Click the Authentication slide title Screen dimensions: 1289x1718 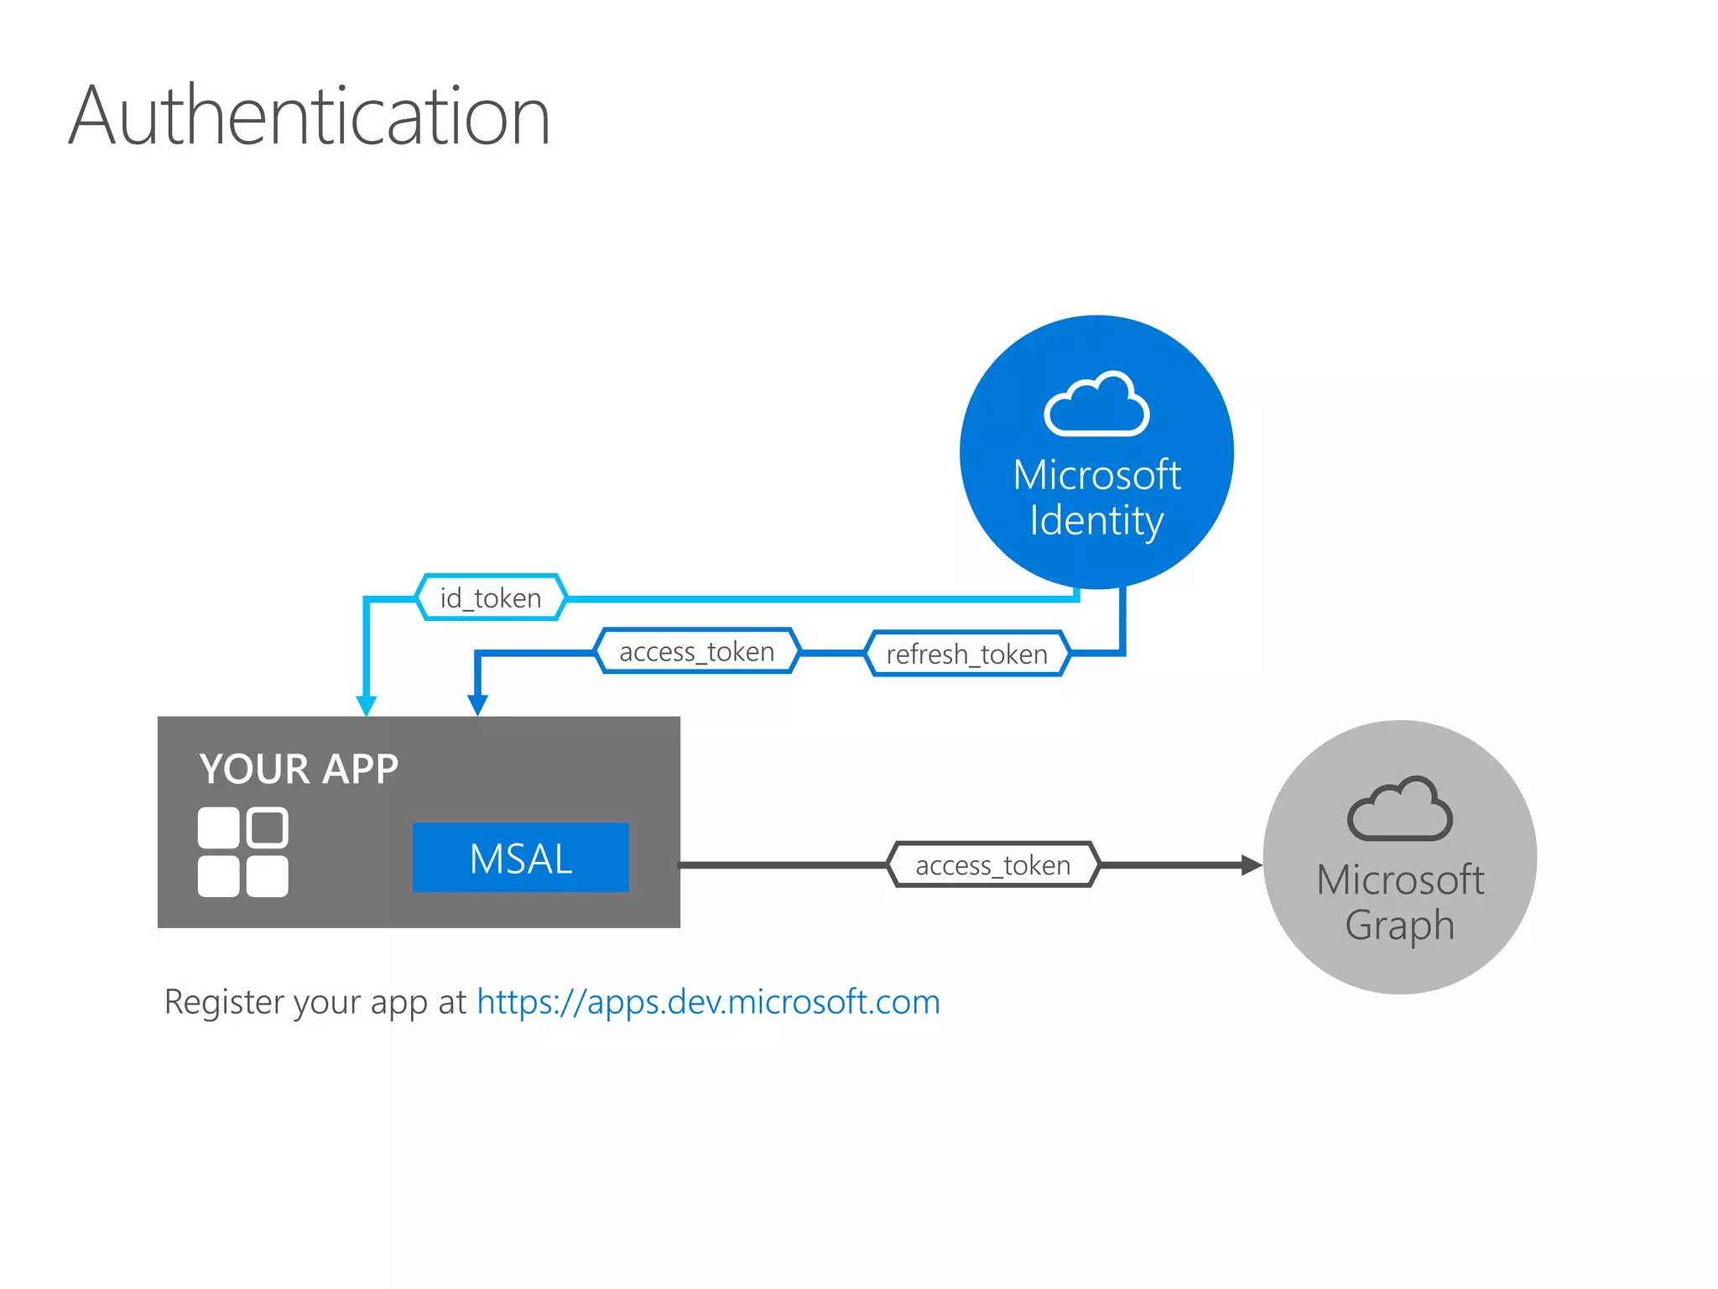[x=309, y=116]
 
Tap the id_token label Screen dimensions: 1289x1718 [x=491, y=598]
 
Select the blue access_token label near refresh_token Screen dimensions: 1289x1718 [x=696, y=651]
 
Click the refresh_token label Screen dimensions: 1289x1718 [x=966, y=654]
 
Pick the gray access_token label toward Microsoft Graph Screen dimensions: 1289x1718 [x=992, y=865]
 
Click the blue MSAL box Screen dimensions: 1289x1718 [x=520, y=858]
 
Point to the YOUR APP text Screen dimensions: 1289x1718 [x=299, y=769]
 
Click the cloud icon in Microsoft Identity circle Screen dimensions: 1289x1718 [x=1096, y=404]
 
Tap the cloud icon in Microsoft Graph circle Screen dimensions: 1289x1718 [x=1399, y=810]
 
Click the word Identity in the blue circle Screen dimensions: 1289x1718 [x=1096, y=521]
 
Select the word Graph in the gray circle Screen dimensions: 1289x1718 [x=1399, y=926]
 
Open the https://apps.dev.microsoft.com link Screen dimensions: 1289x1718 [x=708, y=1002]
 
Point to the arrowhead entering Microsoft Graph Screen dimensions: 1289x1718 [x=1252, y=865]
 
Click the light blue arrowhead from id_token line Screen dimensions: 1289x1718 [x=367, y=705]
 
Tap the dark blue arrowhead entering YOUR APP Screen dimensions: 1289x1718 [x=477, y=705]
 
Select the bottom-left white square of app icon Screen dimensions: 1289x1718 [x=218, y=876]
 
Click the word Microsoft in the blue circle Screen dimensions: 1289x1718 [x=1096, y=475]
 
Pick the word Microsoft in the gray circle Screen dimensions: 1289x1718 [x=1399, y=880]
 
